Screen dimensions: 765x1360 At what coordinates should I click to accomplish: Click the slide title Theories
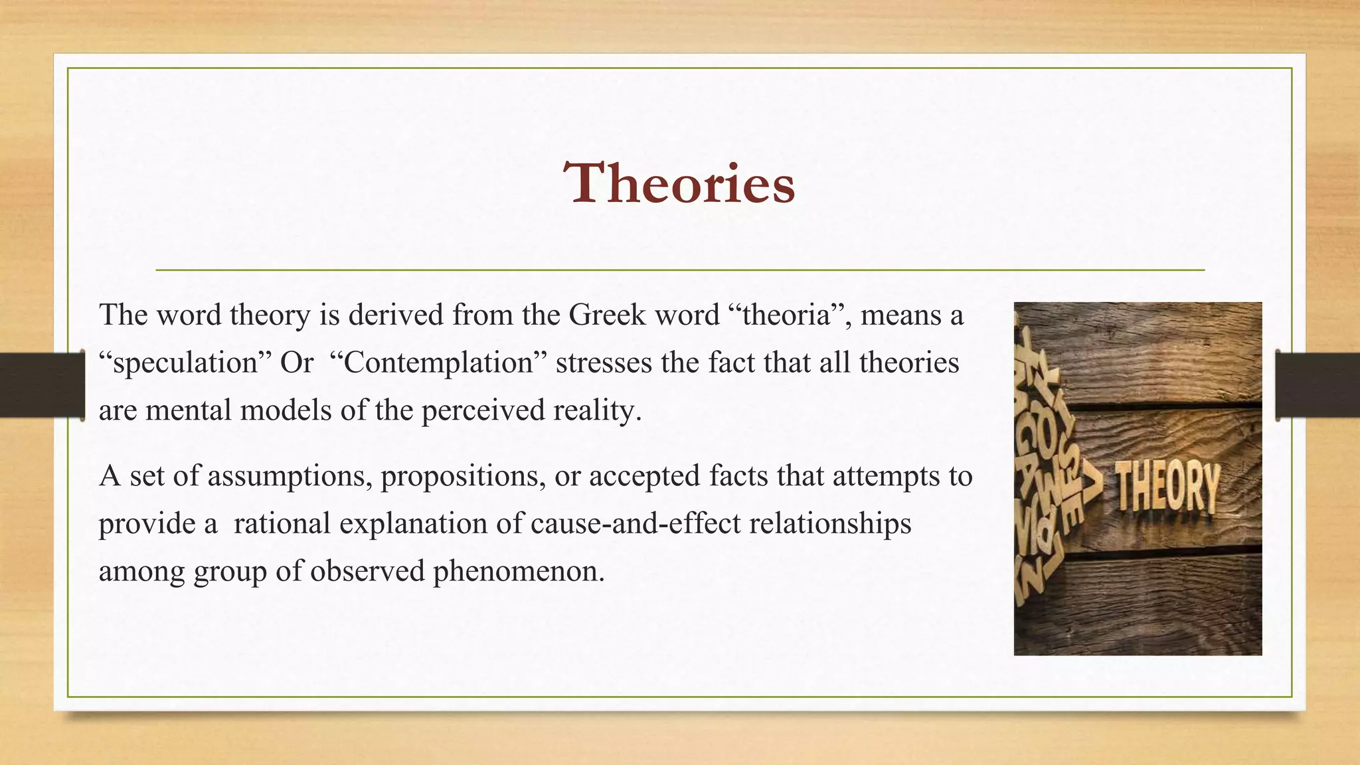point(679,183)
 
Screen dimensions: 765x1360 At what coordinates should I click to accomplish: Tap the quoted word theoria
point(786,315)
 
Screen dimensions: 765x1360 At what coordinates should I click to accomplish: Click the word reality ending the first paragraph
point(598,411)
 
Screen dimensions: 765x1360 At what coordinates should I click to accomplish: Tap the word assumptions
point(290,476)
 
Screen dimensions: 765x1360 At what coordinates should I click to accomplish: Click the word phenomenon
point(518,571)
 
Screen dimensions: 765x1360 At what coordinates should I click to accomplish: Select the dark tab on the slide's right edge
point(1317,385)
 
